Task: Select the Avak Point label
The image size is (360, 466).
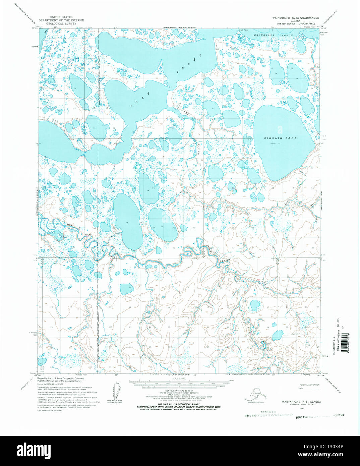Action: click(244, 30)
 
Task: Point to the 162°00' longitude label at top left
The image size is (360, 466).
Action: click(39, 26)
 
